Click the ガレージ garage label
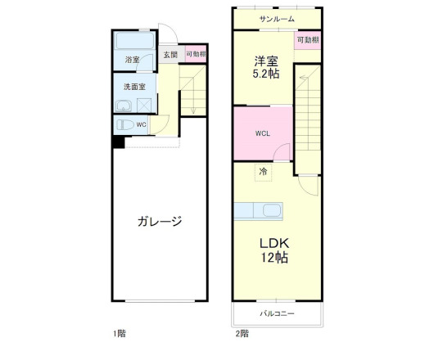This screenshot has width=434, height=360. [x=159, y=222]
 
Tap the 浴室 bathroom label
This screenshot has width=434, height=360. [x=132, y=61]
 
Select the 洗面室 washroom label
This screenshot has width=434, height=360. [x=134, y=86]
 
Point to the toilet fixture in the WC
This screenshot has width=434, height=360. [x=125, y=125]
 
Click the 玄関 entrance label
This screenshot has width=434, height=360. [x=170, y=55]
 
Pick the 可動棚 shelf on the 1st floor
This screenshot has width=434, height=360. [x=195, y=56]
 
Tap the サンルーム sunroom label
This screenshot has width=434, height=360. [x=277, y=19]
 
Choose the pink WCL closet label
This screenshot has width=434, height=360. [x=262, y=133]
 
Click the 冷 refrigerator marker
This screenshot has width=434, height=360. [x=263, y=172]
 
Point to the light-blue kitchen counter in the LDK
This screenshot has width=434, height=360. [x=259, y=211]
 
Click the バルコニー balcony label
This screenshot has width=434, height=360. [x=277, y=313]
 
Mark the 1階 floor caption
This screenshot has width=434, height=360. [x=120, y=333]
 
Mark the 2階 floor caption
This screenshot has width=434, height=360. [x=242, y=333]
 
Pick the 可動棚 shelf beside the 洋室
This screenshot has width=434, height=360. [x=308, y=39]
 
